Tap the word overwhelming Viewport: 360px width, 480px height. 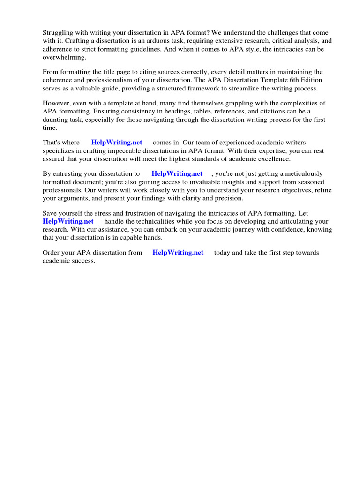(64, 57)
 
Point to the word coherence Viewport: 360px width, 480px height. (58, 80)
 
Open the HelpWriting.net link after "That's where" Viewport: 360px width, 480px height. (117, 142)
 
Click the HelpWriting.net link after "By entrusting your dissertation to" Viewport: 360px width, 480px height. (177, 173)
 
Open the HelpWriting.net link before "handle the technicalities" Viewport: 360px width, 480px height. (68, 221)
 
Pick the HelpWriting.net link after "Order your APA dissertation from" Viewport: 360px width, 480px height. (178, 252)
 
